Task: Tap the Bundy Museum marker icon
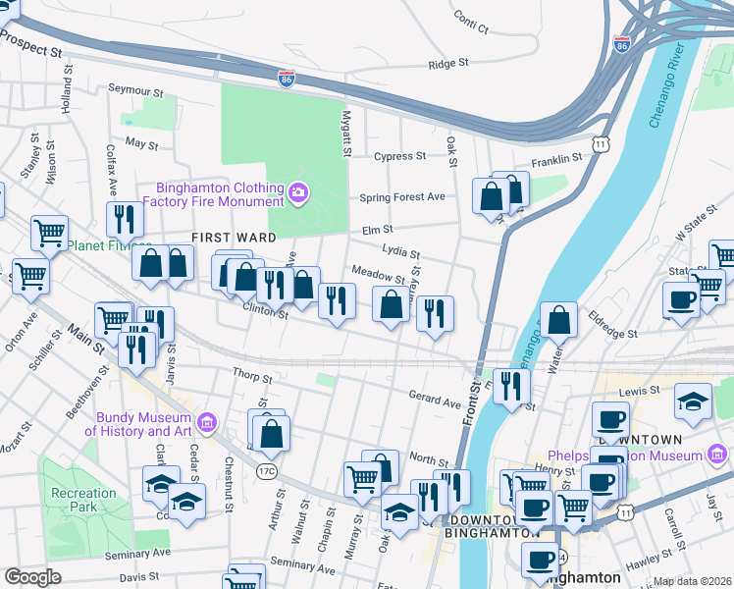[207, 423]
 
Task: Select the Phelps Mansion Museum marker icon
[717, 455]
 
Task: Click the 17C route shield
[267, 473]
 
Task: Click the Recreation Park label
[84, 501]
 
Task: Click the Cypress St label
[399, 156]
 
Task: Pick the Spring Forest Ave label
[402, 196]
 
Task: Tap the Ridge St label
[449, 65]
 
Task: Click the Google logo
[33, 576]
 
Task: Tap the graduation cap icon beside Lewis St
[693, 401]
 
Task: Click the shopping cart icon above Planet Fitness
[49, 233]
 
